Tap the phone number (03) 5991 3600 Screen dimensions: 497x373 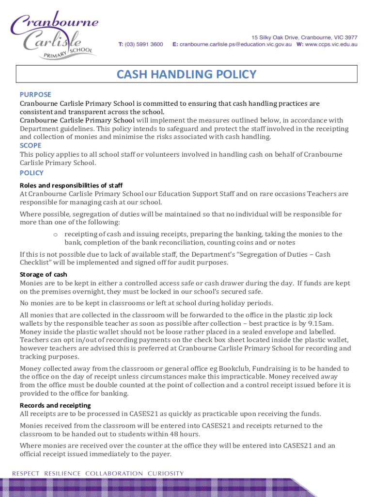point(145,44)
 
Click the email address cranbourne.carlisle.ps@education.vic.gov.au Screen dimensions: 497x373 point(234,44)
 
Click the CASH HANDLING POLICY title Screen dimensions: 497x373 point(186,74)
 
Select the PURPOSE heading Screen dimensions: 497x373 point(35,94)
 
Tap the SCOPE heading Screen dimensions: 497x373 point(31,145)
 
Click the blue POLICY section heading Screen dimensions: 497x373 point(31,173)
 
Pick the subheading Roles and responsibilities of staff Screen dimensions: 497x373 point(71,185)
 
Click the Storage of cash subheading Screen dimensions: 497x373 point(43,274)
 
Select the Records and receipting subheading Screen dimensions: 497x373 point(55,405)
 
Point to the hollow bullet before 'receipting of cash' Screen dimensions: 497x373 point(56,234)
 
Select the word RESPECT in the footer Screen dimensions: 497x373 point(26,473)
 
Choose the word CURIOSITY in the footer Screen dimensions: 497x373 point(166,473)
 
